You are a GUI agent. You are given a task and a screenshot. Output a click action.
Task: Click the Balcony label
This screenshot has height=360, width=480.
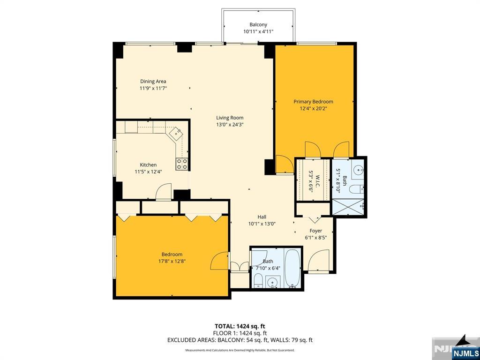pos(258,25)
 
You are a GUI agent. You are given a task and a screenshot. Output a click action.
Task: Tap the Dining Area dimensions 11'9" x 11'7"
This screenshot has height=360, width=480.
pos(153,88)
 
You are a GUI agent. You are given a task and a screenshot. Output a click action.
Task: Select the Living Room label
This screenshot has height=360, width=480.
pos(230,118)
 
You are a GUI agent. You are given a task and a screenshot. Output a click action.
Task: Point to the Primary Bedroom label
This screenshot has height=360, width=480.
pos(313,102)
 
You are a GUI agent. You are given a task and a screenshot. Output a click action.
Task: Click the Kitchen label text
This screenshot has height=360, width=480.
pos(148,165)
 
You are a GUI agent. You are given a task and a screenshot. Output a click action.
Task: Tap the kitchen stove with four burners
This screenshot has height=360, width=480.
pos(182,164)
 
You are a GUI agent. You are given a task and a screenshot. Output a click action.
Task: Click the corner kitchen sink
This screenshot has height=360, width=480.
pos(176,133)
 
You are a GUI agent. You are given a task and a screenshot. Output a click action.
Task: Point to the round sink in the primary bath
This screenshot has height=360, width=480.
pos(358,169)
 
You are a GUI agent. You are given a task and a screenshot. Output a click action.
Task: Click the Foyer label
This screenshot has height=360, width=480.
pos(315,231)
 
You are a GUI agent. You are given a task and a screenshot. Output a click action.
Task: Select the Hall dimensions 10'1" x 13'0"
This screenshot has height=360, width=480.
pos(262,224)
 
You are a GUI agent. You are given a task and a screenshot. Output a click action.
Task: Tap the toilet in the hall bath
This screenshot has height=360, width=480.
pos(258,280)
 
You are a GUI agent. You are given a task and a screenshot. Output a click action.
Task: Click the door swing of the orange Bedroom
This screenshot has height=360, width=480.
pos(219,261)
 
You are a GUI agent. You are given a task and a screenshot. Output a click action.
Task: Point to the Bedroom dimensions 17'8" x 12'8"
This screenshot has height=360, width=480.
pos(172,261)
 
